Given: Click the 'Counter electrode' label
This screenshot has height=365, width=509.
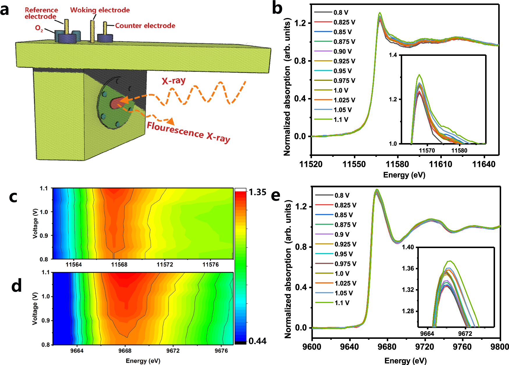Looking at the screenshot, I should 145,26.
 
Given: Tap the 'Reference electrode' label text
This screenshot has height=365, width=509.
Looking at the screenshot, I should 41,13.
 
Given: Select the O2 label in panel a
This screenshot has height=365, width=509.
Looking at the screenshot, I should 39,28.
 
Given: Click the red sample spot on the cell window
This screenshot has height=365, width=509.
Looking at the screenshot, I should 115,103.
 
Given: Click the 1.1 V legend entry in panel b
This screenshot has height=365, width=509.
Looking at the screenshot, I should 341,120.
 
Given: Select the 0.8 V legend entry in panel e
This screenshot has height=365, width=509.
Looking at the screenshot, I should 342,195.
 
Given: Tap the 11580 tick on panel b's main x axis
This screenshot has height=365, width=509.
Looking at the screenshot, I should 397,164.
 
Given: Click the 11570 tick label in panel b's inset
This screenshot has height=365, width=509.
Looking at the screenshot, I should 427,151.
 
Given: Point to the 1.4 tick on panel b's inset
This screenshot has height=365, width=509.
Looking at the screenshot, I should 393,55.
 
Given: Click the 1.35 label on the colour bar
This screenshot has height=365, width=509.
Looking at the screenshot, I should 257,192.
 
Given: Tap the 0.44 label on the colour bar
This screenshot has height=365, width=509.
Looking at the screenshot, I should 257,341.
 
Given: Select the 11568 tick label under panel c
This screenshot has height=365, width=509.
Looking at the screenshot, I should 119,264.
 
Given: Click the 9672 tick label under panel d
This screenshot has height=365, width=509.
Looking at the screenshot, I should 173,350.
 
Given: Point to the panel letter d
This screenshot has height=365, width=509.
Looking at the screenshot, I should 17,286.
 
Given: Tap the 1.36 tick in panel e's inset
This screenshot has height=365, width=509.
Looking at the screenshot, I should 408,268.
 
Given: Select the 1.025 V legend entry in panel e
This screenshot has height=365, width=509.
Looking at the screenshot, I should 345,283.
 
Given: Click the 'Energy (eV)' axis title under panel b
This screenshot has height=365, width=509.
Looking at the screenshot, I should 404,175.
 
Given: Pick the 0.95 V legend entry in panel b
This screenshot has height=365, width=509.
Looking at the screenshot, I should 343,71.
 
